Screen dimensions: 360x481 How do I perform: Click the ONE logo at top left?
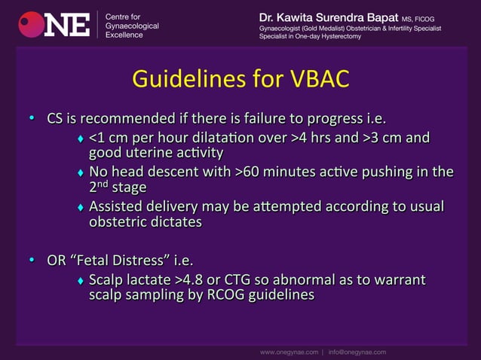tap(54, 24)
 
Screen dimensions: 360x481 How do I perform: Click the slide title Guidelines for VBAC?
tap(240, 79)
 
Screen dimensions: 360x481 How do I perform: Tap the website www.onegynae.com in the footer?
tap(289, 352)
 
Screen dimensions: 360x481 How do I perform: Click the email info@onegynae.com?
tap(357, 352)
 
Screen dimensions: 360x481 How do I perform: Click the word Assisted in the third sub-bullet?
tap(116, 206)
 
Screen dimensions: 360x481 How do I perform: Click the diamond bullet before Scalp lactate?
tap(81, 281)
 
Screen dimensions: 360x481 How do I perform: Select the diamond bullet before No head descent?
tap(81, 172)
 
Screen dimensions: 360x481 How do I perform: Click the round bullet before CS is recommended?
tap(32, 119)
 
